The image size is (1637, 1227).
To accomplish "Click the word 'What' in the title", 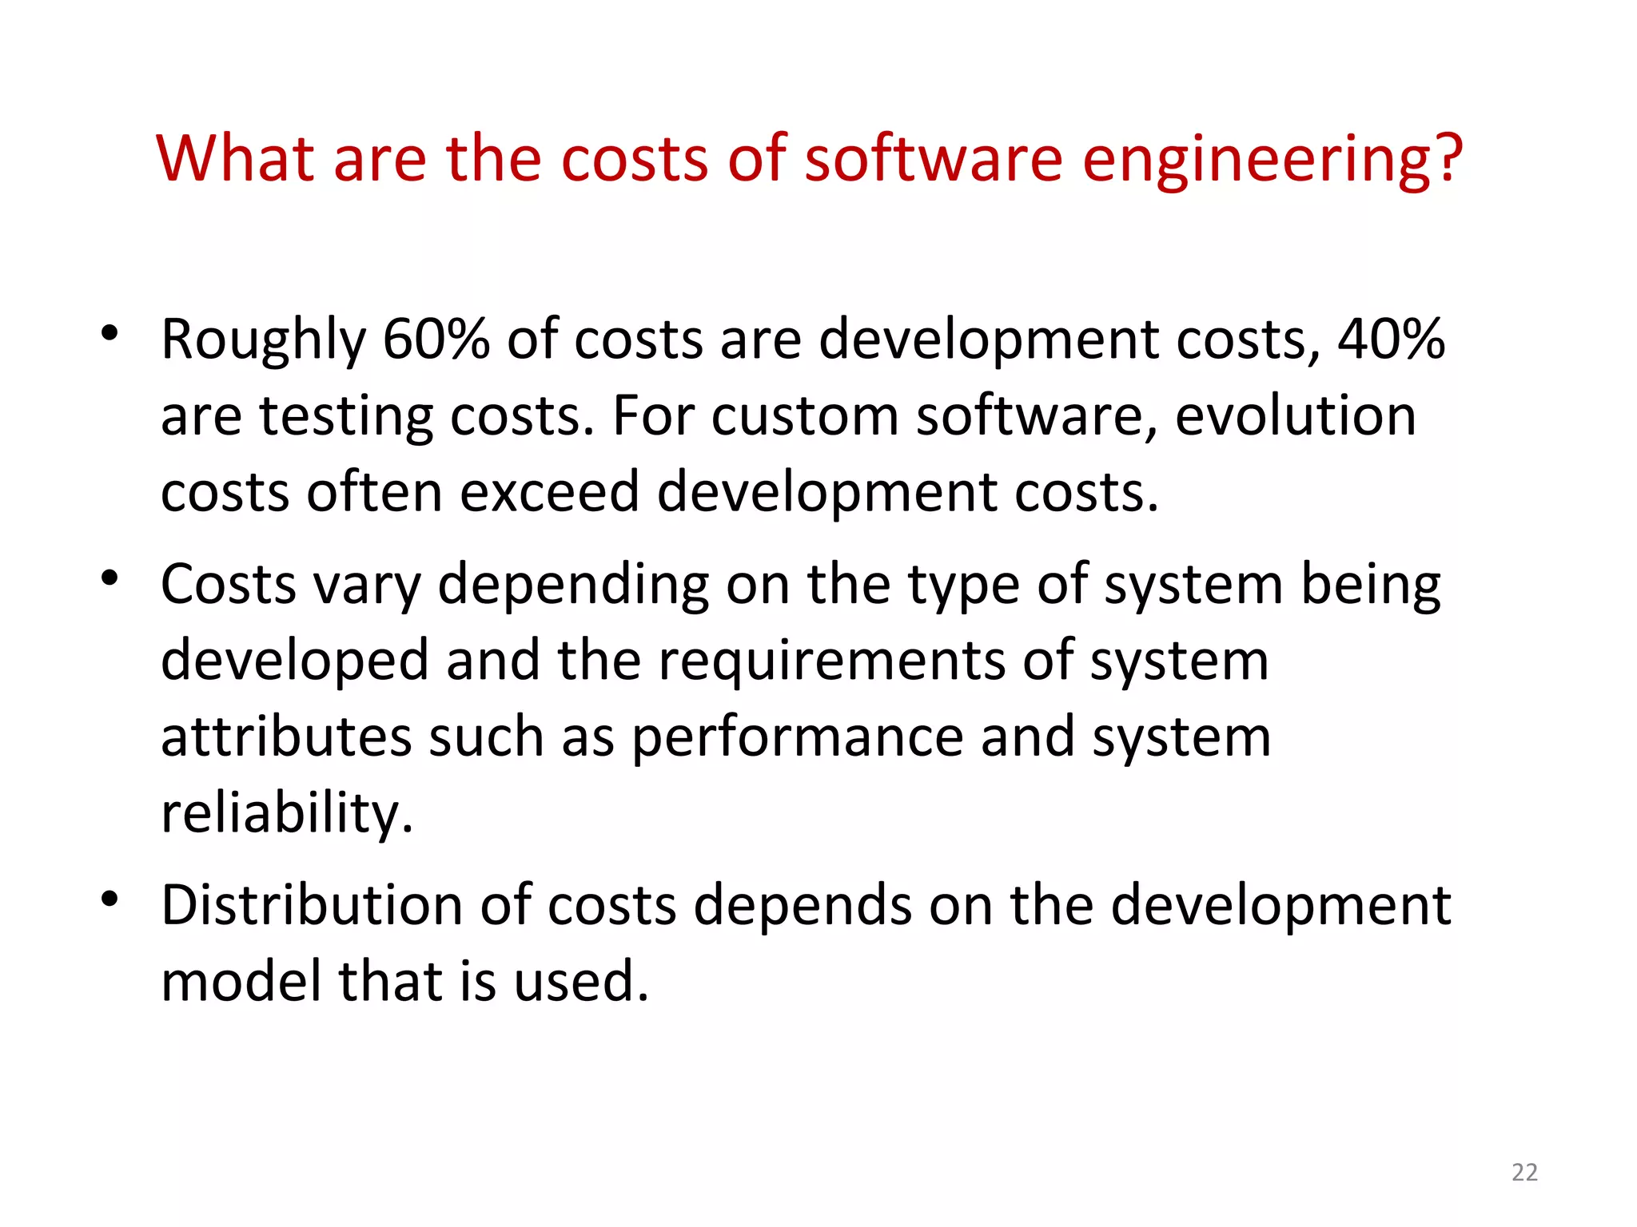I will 235,158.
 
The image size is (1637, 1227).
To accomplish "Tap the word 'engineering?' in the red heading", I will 1272,160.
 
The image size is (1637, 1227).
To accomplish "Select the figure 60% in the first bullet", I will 436,339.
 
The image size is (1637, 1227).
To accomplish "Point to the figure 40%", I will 1392,339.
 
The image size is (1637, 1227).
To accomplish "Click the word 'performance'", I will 798,739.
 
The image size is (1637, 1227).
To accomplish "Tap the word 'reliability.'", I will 287,813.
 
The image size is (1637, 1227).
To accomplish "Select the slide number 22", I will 1524,1172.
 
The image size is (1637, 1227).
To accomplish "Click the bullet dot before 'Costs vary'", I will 110,577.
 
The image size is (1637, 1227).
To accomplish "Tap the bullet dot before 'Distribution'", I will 110,899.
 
